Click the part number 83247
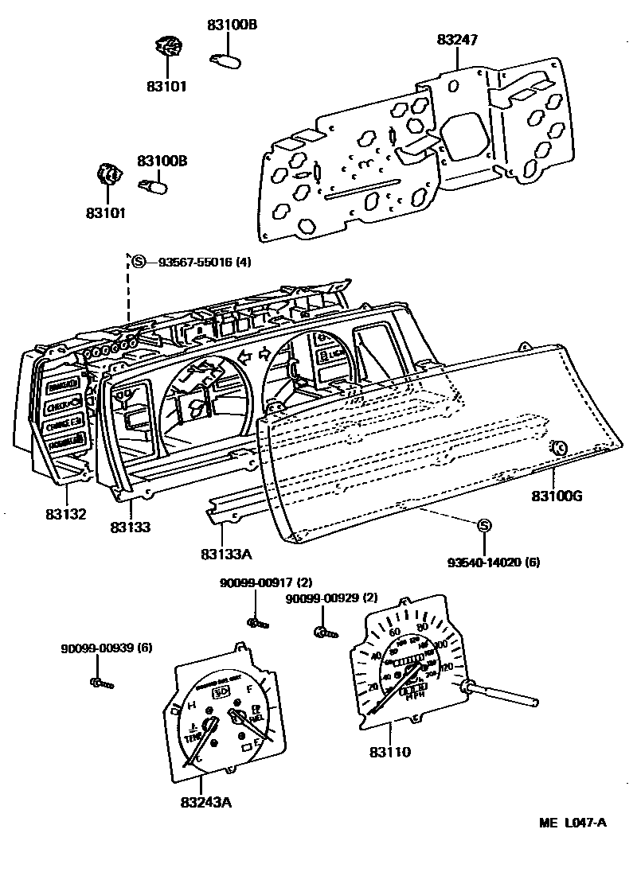[458, 40]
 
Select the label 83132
[64, 515]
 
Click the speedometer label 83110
[390, 751]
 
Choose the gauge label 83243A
[205, 801]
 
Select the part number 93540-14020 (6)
[493, 563]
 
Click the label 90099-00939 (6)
[107, 648]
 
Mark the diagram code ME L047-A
[568, 822]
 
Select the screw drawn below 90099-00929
[324, 633]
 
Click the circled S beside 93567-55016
[139, 262]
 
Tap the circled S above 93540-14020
[483, 526]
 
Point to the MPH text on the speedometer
[415, 698]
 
